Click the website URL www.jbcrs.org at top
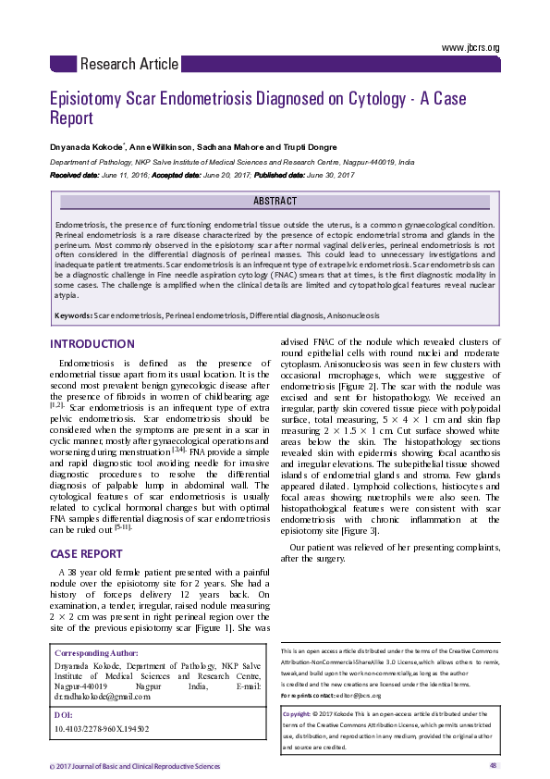click(x=471, y=47)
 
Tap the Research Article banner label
click(x=129, y=65)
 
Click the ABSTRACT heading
click(x=275, y=201)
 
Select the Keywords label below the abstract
click(x=72, y=316)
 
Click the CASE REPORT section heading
click(x=86, y=554)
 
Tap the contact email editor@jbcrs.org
click(x=362, y=695)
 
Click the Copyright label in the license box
click(x=296, y=714)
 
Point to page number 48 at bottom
click(x=494, y=765)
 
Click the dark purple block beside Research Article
click(x=62, y=64)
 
